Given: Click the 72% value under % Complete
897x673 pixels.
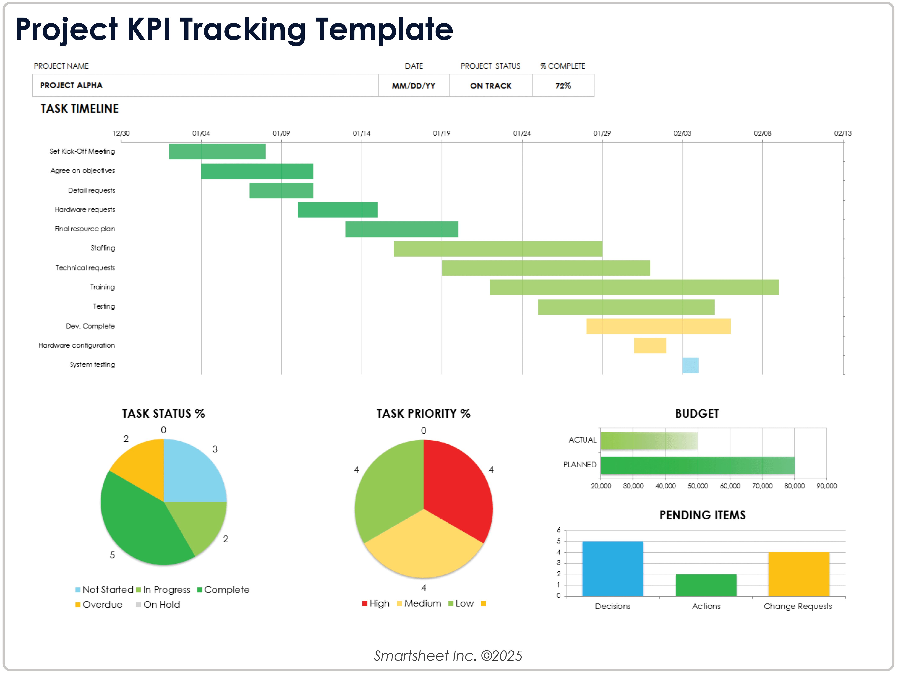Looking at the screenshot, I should pos(563,86).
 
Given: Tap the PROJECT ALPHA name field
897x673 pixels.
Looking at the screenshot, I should pos(71,85).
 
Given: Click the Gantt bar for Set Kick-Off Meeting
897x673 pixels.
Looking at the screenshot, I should pos(217,151).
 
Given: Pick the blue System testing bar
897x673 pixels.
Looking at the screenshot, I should pos(690,365).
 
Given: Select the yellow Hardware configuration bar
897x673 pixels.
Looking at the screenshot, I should pos(650,345).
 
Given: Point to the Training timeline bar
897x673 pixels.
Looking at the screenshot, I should pos(634,287).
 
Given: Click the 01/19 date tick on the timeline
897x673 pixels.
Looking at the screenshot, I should pos(441,133).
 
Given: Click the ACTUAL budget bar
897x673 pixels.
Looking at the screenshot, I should pos(649,440).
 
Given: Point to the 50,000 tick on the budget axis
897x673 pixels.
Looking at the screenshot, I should pos(697,486).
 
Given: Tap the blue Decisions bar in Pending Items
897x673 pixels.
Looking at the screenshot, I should pos(612,568).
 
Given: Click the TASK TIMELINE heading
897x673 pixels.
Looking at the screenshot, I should pos(79,109).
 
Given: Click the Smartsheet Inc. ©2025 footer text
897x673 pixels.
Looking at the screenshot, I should pos(448,656).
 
